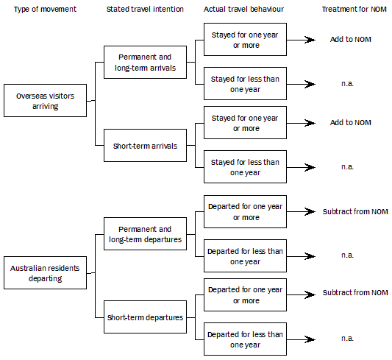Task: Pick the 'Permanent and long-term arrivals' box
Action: tap(144, 61)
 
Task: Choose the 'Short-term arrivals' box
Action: tap(144, 146)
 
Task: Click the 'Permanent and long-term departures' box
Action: tap(144, 234)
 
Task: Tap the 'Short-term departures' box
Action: tap(144, 317)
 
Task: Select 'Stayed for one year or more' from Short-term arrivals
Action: tap(245, 123)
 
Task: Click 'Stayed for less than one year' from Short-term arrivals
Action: tap(245, 167)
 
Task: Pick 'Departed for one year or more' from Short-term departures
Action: tap(245, 295)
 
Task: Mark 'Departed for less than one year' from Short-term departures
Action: tap(245, 339)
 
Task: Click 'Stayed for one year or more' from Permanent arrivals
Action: tap(245, 40)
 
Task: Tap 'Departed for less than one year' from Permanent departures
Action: tap(245, 256)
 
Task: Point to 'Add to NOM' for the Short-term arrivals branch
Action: tap(350, 123)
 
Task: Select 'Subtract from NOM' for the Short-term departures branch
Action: tap(354, 293)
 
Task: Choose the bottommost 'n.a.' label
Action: tap(347, 339)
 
